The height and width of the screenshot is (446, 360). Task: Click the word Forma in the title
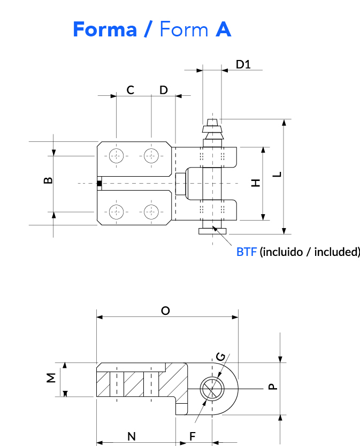coord(105,29)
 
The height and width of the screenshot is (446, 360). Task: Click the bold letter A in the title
coord(224,29)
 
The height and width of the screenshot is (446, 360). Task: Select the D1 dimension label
coord(243,65)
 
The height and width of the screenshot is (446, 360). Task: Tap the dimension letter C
coord(131,90)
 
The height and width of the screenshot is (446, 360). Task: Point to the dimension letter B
coord(48,180)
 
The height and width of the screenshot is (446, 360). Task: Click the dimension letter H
coord(256,183)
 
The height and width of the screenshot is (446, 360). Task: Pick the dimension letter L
coord(277,175)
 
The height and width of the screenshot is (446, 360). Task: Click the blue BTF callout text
coord(247,252)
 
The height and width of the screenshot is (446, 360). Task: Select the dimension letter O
coord(165,311)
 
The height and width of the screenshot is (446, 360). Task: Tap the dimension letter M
coord(51,378)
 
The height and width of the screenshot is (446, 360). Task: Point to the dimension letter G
coord(221,357)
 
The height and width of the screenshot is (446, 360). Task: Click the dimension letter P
coord(273,387)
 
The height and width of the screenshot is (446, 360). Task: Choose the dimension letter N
coord(131,436)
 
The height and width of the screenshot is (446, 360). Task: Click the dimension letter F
coord(193,436)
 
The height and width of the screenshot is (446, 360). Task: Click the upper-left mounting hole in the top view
coord(116,156)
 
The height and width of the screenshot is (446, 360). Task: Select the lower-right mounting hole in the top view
coord(151,212)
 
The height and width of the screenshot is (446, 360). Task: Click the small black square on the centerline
coord(99,184)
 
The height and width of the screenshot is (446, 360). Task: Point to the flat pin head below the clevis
coord(212,231)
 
